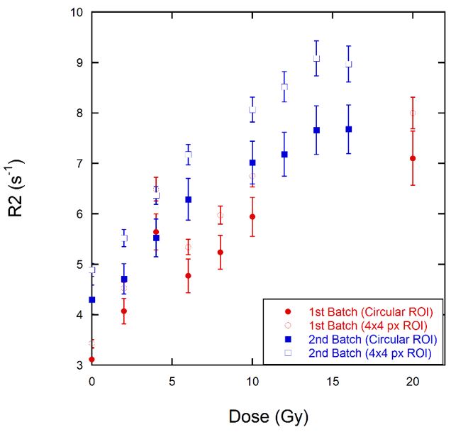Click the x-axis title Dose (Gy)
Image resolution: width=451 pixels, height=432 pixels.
(x=269, y=415)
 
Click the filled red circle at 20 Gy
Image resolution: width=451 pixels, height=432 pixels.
(x=413, y=158)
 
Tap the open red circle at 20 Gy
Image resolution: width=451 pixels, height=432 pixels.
(x=413, y=113)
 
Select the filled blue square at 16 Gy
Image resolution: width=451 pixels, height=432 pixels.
(x=348, y=129)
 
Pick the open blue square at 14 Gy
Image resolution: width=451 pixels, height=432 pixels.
(x=316, y=58)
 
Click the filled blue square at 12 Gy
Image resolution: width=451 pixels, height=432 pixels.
(x=284, y=154)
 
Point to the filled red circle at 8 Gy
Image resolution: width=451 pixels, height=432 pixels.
(x=221, y=252)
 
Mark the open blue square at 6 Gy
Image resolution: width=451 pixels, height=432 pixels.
(x=188, y=154)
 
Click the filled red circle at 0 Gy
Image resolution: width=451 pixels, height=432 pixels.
(x=92, y=360)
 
